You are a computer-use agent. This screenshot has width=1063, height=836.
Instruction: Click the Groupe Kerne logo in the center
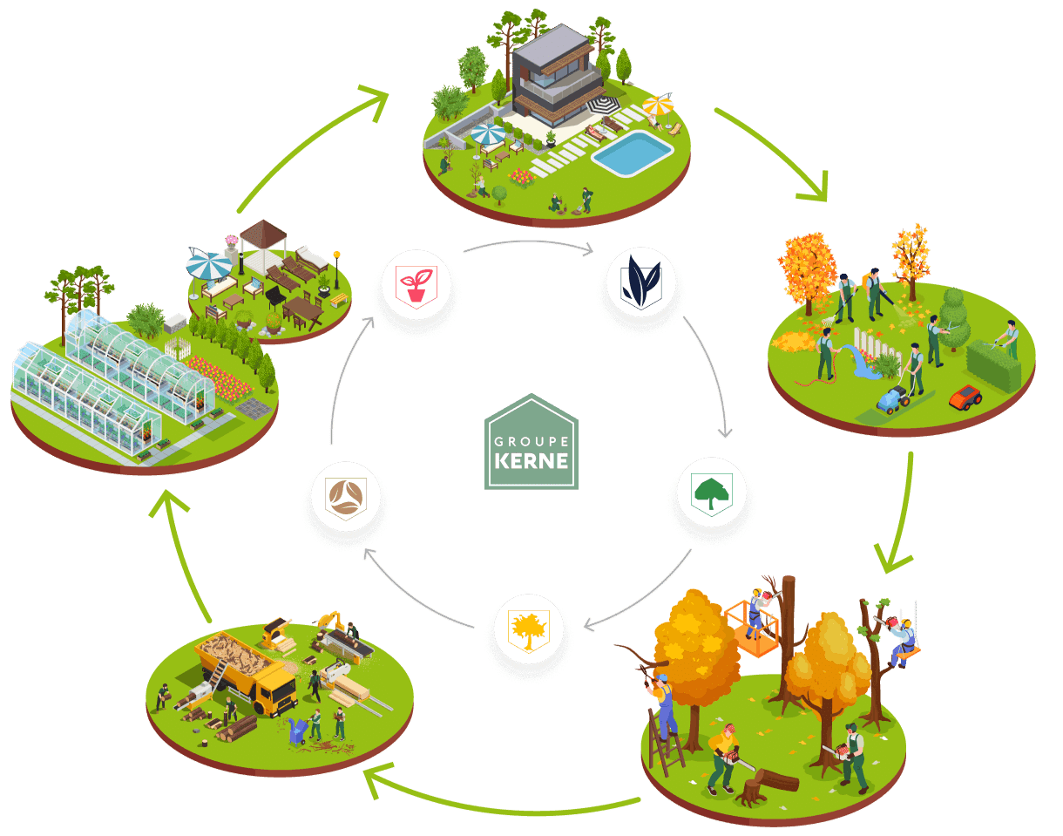(x=531, y=441)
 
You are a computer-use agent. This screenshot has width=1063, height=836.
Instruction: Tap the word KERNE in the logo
(x=531, y=459)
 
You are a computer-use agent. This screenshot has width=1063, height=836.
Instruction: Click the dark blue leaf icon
(x=641, y=282)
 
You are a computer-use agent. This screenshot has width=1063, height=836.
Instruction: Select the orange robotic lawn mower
(x=965, y=398)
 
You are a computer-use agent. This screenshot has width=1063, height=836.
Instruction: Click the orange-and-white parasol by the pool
(x=659, y=106)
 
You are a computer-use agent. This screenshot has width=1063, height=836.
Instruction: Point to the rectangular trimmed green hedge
(x=993, y=364)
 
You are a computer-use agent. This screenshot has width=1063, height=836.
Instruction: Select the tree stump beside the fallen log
(x=750, y=792)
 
